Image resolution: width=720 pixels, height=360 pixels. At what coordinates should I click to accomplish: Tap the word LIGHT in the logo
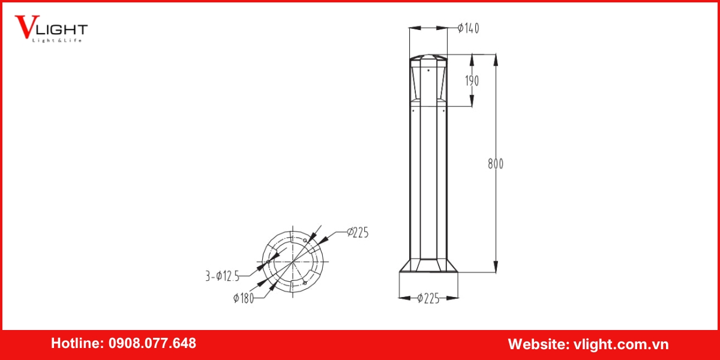click(x=65, y=29)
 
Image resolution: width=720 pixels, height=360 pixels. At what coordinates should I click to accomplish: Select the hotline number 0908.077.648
click(x=152, y=344)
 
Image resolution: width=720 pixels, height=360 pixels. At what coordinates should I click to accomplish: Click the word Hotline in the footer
click(x=76, y=344)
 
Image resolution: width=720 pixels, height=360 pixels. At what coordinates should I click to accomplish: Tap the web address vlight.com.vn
click(x=621, y=344)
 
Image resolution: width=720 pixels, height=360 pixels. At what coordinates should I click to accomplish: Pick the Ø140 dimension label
click(x=468, y=28)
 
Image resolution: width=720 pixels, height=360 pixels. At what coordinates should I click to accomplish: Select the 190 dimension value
click(x=472, y=80)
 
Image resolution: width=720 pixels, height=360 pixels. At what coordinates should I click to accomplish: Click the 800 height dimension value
click(x=496, y=164)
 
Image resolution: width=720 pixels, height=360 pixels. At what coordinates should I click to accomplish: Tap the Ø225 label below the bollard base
click(x=428, y=298)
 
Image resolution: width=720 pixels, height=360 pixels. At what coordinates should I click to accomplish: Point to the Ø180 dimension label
click(x=244, y=298)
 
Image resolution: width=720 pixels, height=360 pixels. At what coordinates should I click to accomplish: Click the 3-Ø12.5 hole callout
click(x=223, y=276)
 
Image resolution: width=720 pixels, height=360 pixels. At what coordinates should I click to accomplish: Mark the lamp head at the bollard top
click(x=428, y=81)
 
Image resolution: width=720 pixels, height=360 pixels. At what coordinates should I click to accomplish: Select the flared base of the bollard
click(x=428, y=266)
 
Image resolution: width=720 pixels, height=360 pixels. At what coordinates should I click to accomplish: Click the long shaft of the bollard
click(x=428, y=180)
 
